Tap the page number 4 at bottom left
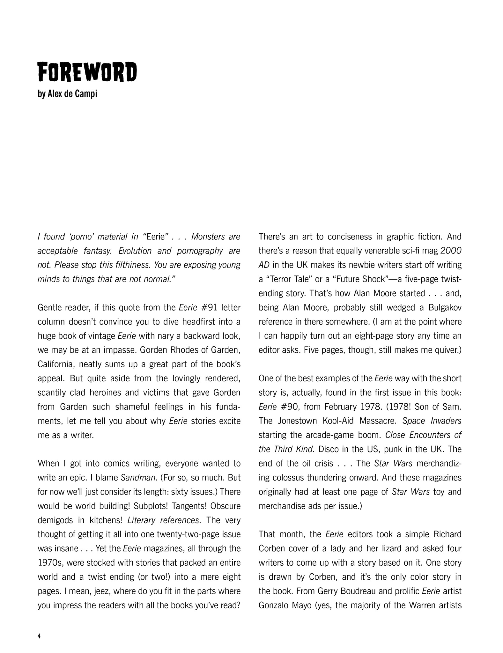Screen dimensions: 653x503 [39, 636]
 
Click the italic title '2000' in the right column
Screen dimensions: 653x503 [451, 251]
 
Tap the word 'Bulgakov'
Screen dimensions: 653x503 [445, 308]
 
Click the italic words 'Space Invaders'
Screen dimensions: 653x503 [432, 421]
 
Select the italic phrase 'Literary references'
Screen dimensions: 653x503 [163, 520]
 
